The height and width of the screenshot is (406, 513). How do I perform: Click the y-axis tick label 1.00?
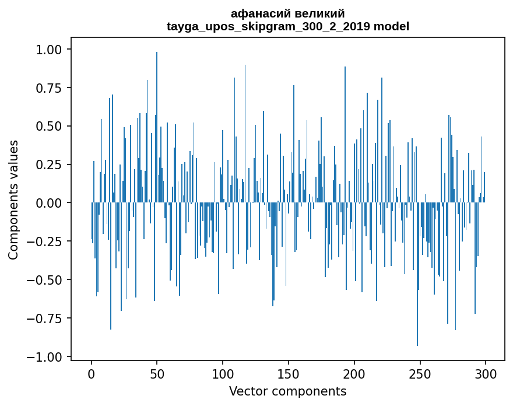point(48,50)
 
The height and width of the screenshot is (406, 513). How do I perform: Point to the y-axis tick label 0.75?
point(48,87)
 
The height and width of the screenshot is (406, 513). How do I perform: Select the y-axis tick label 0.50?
point(48,126)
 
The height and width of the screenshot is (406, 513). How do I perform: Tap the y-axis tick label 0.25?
point(48,164)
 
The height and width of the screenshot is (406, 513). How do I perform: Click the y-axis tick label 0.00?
point(48,203)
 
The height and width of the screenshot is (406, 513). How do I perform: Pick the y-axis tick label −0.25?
point(44,242)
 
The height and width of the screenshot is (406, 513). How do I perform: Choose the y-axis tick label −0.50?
point(44,279)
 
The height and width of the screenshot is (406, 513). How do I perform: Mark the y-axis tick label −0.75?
point(44,318)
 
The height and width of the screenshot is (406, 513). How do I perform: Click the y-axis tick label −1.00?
point(44,356)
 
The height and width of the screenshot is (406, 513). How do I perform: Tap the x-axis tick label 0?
point(92,374)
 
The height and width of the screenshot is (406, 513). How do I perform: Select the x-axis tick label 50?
point(157,374)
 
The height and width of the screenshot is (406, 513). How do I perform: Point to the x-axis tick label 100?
point(223,374)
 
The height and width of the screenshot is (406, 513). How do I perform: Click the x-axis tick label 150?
point(289,374)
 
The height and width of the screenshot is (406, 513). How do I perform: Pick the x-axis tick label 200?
point(354,374)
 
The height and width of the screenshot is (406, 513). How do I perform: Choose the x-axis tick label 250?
point(420,374)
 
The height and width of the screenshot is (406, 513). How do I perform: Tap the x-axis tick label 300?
point(486,374)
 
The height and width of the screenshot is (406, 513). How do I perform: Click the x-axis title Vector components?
point(288,391)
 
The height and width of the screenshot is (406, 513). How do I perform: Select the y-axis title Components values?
point(13,199)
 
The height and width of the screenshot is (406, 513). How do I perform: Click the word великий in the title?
point(319,14)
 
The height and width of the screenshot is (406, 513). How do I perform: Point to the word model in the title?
point(391,26)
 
